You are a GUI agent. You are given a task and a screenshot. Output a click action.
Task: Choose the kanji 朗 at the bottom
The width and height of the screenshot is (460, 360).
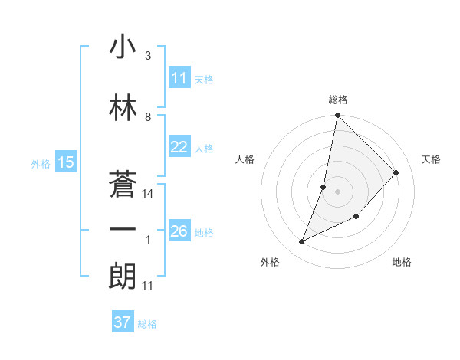[123, 277]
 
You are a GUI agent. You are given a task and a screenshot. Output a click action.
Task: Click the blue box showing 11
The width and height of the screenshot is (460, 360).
[179, 78]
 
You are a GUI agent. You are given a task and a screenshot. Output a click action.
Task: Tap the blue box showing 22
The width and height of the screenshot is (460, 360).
[179, 148]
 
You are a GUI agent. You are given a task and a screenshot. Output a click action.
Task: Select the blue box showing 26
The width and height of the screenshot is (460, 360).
[179, 231]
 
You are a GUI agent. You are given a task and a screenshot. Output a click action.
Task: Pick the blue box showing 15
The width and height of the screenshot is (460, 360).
[65, 162]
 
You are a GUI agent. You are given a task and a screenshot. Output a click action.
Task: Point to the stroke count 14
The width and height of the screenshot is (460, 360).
[149, 194]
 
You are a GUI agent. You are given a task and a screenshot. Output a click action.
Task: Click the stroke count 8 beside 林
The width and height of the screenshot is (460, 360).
[148, 117]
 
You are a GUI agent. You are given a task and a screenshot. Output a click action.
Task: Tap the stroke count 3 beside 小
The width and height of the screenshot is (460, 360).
[148, 57]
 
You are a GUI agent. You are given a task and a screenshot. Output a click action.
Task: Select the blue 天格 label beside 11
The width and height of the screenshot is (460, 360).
[204, 79]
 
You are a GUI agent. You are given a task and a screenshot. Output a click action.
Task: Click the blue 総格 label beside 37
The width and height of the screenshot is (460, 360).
[147, 323]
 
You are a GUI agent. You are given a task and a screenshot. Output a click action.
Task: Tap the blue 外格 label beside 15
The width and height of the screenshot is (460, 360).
[41, 163]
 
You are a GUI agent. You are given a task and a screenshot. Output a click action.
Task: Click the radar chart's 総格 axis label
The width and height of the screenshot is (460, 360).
[338, 100]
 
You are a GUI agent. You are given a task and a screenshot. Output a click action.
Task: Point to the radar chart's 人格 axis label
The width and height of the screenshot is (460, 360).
[245, 159]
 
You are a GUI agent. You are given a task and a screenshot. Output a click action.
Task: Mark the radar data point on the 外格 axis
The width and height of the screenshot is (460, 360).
[302, 242]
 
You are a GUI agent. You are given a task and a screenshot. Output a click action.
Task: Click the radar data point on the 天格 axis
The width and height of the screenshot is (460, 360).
[396, 172]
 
